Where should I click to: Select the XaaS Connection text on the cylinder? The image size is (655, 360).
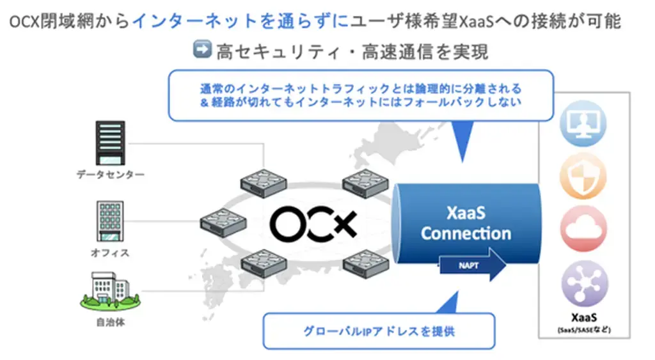(466, 222)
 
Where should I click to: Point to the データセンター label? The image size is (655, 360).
(111, 174)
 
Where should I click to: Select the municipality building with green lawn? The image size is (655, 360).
(109, 289)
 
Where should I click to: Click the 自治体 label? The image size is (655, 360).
(110, 322)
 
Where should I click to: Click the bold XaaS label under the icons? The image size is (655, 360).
(584, 317)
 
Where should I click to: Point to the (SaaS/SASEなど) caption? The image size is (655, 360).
(584, 329)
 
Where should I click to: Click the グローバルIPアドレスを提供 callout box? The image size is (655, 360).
(379, 331)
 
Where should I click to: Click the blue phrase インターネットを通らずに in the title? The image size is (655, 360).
(241, 21)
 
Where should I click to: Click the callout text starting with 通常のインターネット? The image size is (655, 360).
(360, 95)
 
